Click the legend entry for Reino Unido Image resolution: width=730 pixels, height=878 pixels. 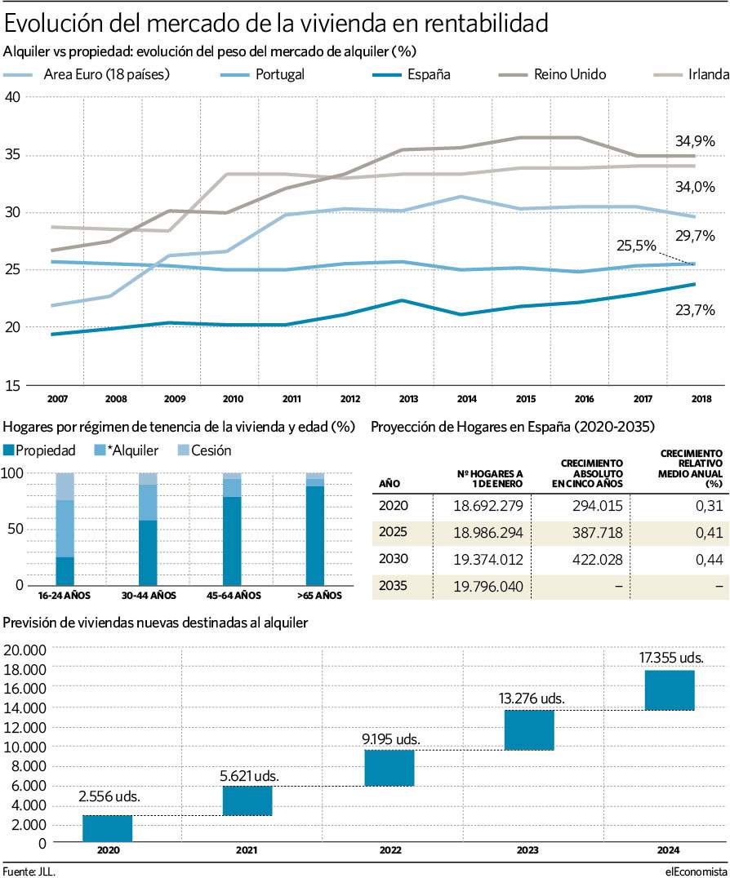point(553,74)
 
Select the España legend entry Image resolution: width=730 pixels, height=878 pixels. point(412,74)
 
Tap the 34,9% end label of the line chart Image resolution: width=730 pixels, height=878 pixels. point(695,141)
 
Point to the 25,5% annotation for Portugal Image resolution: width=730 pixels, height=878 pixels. point(636,246)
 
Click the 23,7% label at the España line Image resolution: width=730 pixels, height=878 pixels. point(695,309)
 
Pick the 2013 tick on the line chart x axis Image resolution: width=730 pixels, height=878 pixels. point(408,399)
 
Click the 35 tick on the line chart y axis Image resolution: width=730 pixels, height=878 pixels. point(12,154)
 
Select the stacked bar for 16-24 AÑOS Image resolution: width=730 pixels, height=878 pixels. point(65,529)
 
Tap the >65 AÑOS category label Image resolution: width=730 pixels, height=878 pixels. point(319,595)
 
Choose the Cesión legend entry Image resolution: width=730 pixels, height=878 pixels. point(204,450)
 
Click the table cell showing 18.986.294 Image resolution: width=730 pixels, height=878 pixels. point(488,533)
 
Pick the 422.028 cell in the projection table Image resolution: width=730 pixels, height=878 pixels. point(597,560)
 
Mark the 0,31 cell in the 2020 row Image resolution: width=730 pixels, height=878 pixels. point(710,506)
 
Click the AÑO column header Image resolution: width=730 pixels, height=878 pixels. point(389,484)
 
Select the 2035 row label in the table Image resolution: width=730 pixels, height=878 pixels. point(394,586)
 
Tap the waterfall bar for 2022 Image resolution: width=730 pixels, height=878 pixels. point(389,768)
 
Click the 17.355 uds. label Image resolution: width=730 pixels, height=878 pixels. point(671,658)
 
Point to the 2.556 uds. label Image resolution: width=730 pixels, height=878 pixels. point(109,796)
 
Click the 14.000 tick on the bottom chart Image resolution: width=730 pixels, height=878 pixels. point(24,707)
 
